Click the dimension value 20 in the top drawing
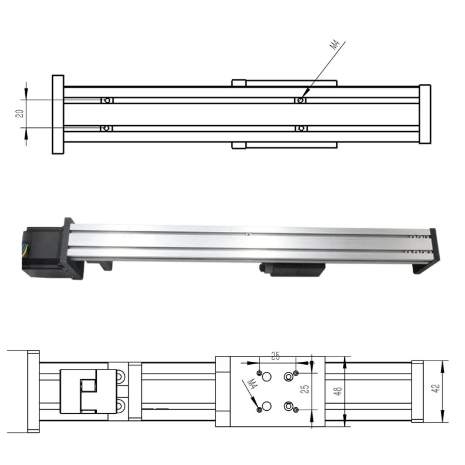point(20,113)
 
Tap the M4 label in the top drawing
point(334,45)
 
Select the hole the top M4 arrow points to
point(301,100)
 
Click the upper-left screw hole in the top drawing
point(107,100)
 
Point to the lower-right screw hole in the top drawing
point(301,128)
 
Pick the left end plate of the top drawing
point(58,114)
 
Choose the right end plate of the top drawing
point(425,114)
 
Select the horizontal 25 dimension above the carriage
point(275,356)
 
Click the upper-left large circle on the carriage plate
point(266,376)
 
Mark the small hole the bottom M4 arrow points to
point(259,410)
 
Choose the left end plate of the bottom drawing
point(33,391)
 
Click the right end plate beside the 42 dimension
point(417,391)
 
